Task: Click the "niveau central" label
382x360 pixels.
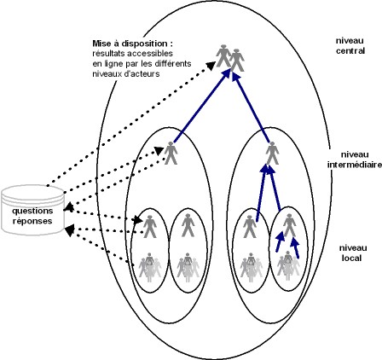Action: pyautogui.click(x=350, y=46)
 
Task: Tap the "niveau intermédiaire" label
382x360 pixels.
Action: pyautogui.click(x=355, y=160)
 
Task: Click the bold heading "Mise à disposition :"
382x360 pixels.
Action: pyautogui.click(x=133, y=44)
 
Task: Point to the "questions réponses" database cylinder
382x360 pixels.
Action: pyautogui.click(x=32, y=210)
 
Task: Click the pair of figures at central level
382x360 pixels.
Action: pyautogui.click(x=230, y=58)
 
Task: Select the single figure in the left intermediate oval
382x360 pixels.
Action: pyautogui.click(x=171, y=153)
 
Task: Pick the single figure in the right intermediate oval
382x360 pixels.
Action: pyautogui.click(x=272, y=153)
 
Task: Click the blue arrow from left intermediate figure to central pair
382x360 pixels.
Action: pyautogui.click(x=201, y=106)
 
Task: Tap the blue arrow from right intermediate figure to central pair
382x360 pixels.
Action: pyautogui.click(x=251, y=107)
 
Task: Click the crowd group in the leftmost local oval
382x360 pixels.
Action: pyautogui.click(x=150, y=267)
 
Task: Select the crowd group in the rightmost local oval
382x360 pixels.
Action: pyautogui.click(x=288, y=266)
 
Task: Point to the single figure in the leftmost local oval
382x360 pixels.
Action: pyautogui.click(x=150, y=226)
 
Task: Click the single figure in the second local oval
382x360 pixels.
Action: pyautogui.click(x=188, y=226)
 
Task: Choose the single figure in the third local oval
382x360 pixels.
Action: pyautogui.click(x=250, y=226)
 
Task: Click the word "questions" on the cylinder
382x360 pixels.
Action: pyautogui.click(x=32, y=211)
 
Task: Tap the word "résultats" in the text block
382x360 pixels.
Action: pyautogui.click(x=108, y=54)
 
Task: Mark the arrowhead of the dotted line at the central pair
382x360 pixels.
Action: pyautogui.click(x=210, y=65)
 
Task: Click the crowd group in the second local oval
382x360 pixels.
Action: pyautogui.click(x=188, y=267)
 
